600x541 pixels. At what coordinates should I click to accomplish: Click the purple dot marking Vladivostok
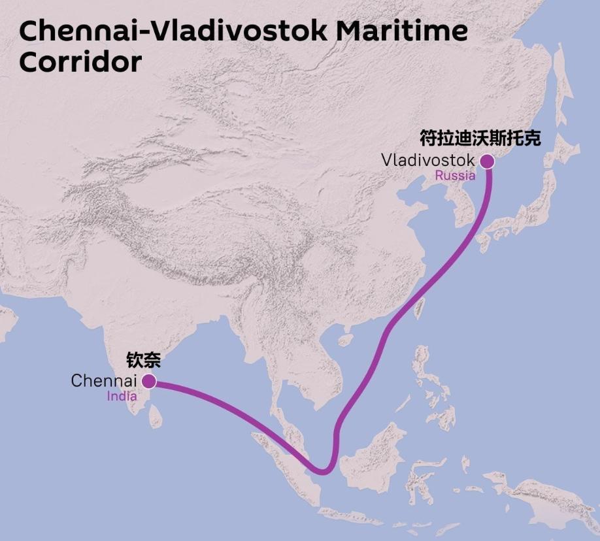[x=486, y=161]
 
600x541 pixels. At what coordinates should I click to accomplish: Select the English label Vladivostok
[x=428, y=160]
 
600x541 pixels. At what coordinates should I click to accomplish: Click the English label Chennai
[x=103, y=381]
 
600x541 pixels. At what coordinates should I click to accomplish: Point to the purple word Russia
[x=455, y=175]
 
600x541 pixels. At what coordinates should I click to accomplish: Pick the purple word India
[x=122, y=396]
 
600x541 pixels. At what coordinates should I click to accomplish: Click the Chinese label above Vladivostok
[x=480, y=139]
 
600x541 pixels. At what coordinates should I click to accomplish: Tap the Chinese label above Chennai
[x=143, y=361]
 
